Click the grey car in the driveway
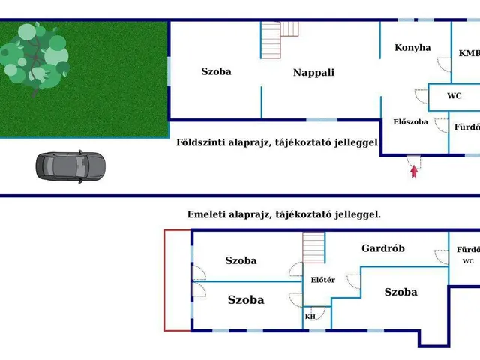71,166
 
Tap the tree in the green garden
34,56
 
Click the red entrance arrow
413,170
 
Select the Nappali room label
313,73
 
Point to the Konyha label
412,47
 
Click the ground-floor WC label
454,96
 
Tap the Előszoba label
410,121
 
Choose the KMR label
469,53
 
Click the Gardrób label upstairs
383,247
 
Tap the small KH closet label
310,316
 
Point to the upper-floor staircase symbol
313,247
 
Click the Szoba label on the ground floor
216,72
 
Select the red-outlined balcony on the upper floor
177,280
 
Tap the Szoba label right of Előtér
400,292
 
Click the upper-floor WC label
468,261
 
